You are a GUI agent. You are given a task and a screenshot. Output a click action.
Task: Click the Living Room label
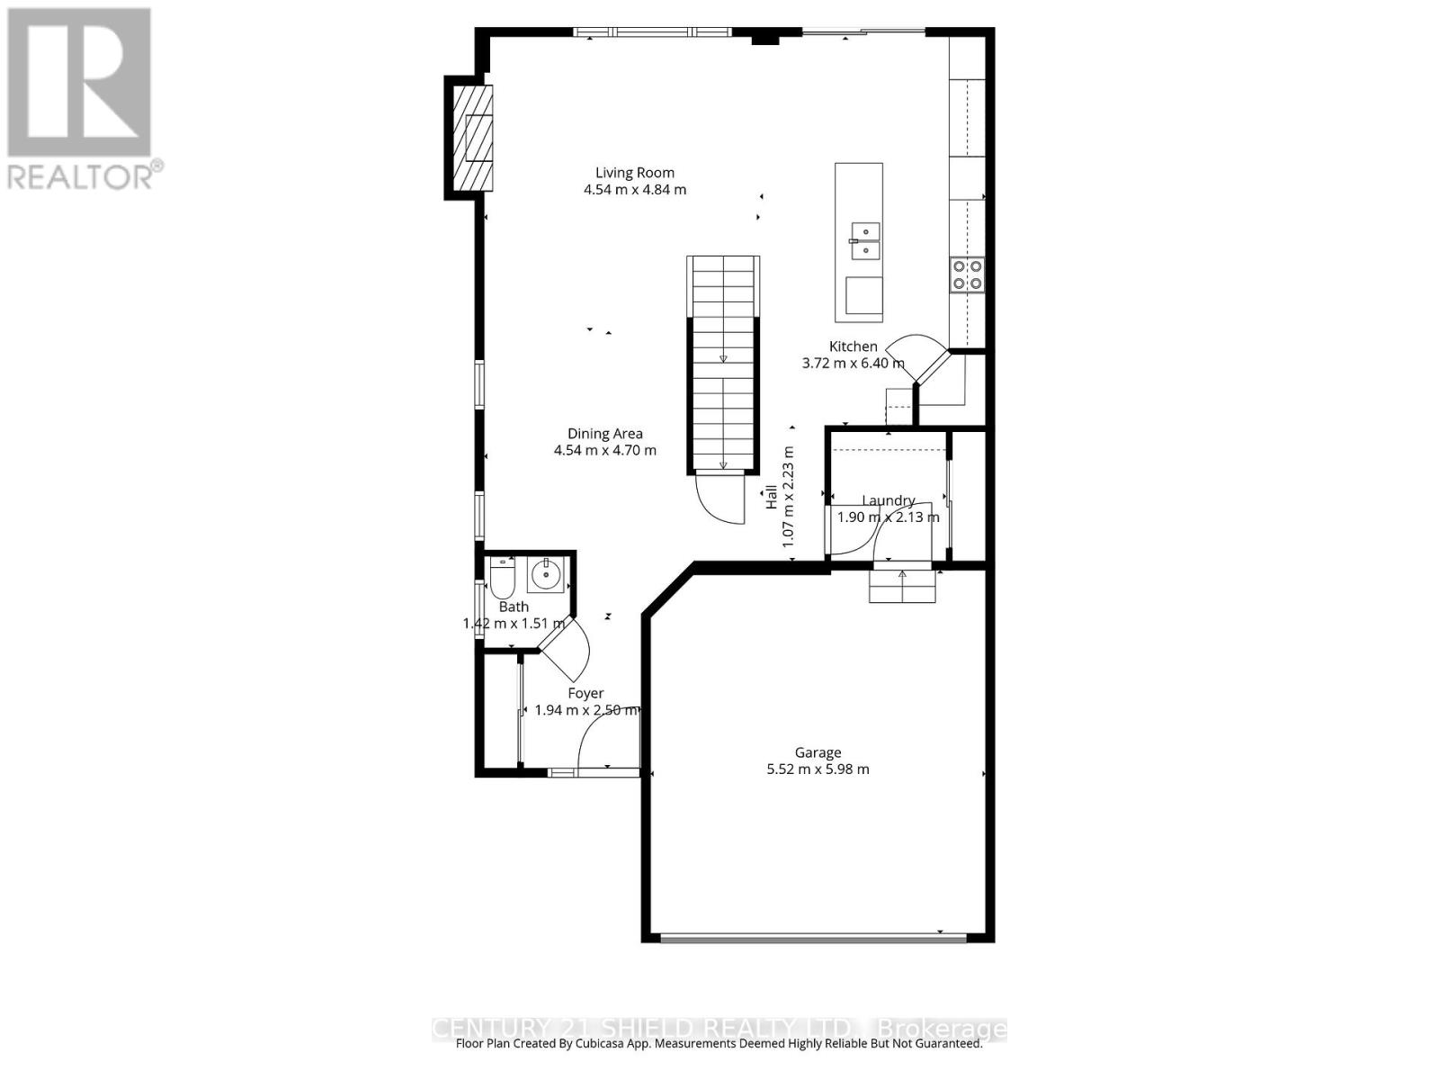634,173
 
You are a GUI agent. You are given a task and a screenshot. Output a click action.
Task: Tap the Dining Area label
604,434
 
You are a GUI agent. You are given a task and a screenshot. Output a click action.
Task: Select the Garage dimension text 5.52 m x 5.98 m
818,769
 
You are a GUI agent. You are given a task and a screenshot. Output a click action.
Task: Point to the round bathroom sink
545,574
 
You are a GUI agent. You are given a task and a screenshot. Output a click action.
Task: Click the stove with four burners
967,274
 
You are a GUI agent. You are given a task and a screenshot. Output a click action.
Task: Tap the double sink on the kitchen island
864,240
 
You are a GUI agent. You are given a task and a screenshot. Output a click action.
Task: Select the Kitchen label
853,346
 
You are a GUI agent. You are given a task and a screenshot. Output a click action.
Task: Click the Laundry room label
889,501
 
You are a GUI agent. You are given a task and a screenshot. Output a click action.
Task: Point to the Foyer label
585,693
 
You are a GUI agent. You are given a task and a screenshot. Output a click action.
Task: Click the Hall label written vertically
772,497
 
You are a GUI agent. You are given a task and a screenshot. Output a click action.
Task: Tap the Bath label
514,607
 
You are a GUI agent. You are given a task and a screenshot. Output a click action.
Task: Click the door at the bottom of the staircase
721,498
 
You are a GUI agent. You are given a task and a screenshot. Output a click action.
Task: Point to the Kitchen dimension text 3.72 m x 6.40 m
853,364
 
